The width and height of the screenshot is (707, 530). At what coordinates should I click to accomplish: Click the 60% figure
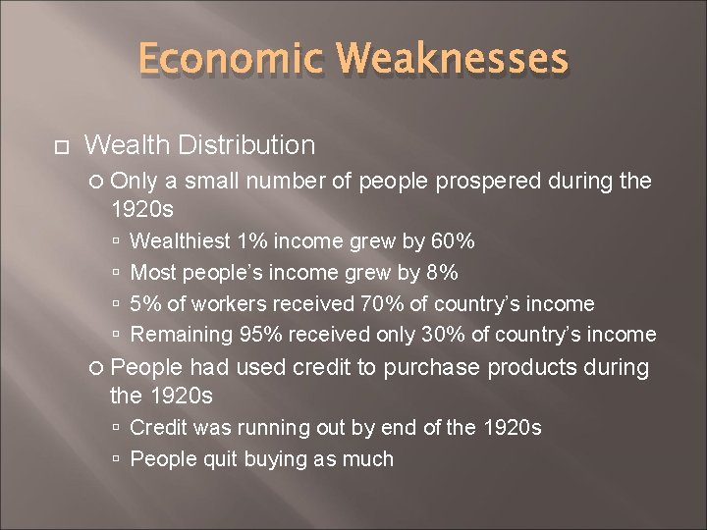tap(455, 240)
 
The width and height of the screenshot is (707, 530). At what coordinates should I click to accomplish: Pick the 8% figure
tap(441, 272)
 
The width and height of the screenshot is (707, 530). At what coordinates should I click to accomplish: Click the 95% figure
tap(262, 335)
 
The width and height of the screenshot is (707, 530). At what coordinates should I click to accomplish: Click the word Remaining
tap(183, 335)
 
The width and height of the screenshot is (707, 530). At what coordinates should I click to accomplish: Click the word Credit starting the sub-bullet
tap(159, 428)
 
